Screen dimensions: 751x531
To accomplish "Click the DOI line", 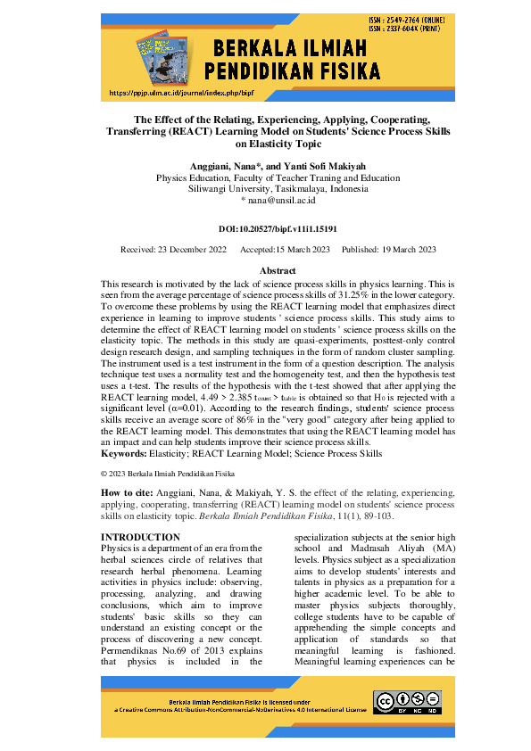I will pyautogui.click(x=265, y=229).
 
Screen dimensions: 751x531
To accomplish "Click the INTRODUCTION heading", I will pyautogui.click(x=141, y=537).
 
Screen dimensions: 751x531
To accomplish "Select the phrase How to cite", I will pyautogui.click(x=130, y=492).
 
